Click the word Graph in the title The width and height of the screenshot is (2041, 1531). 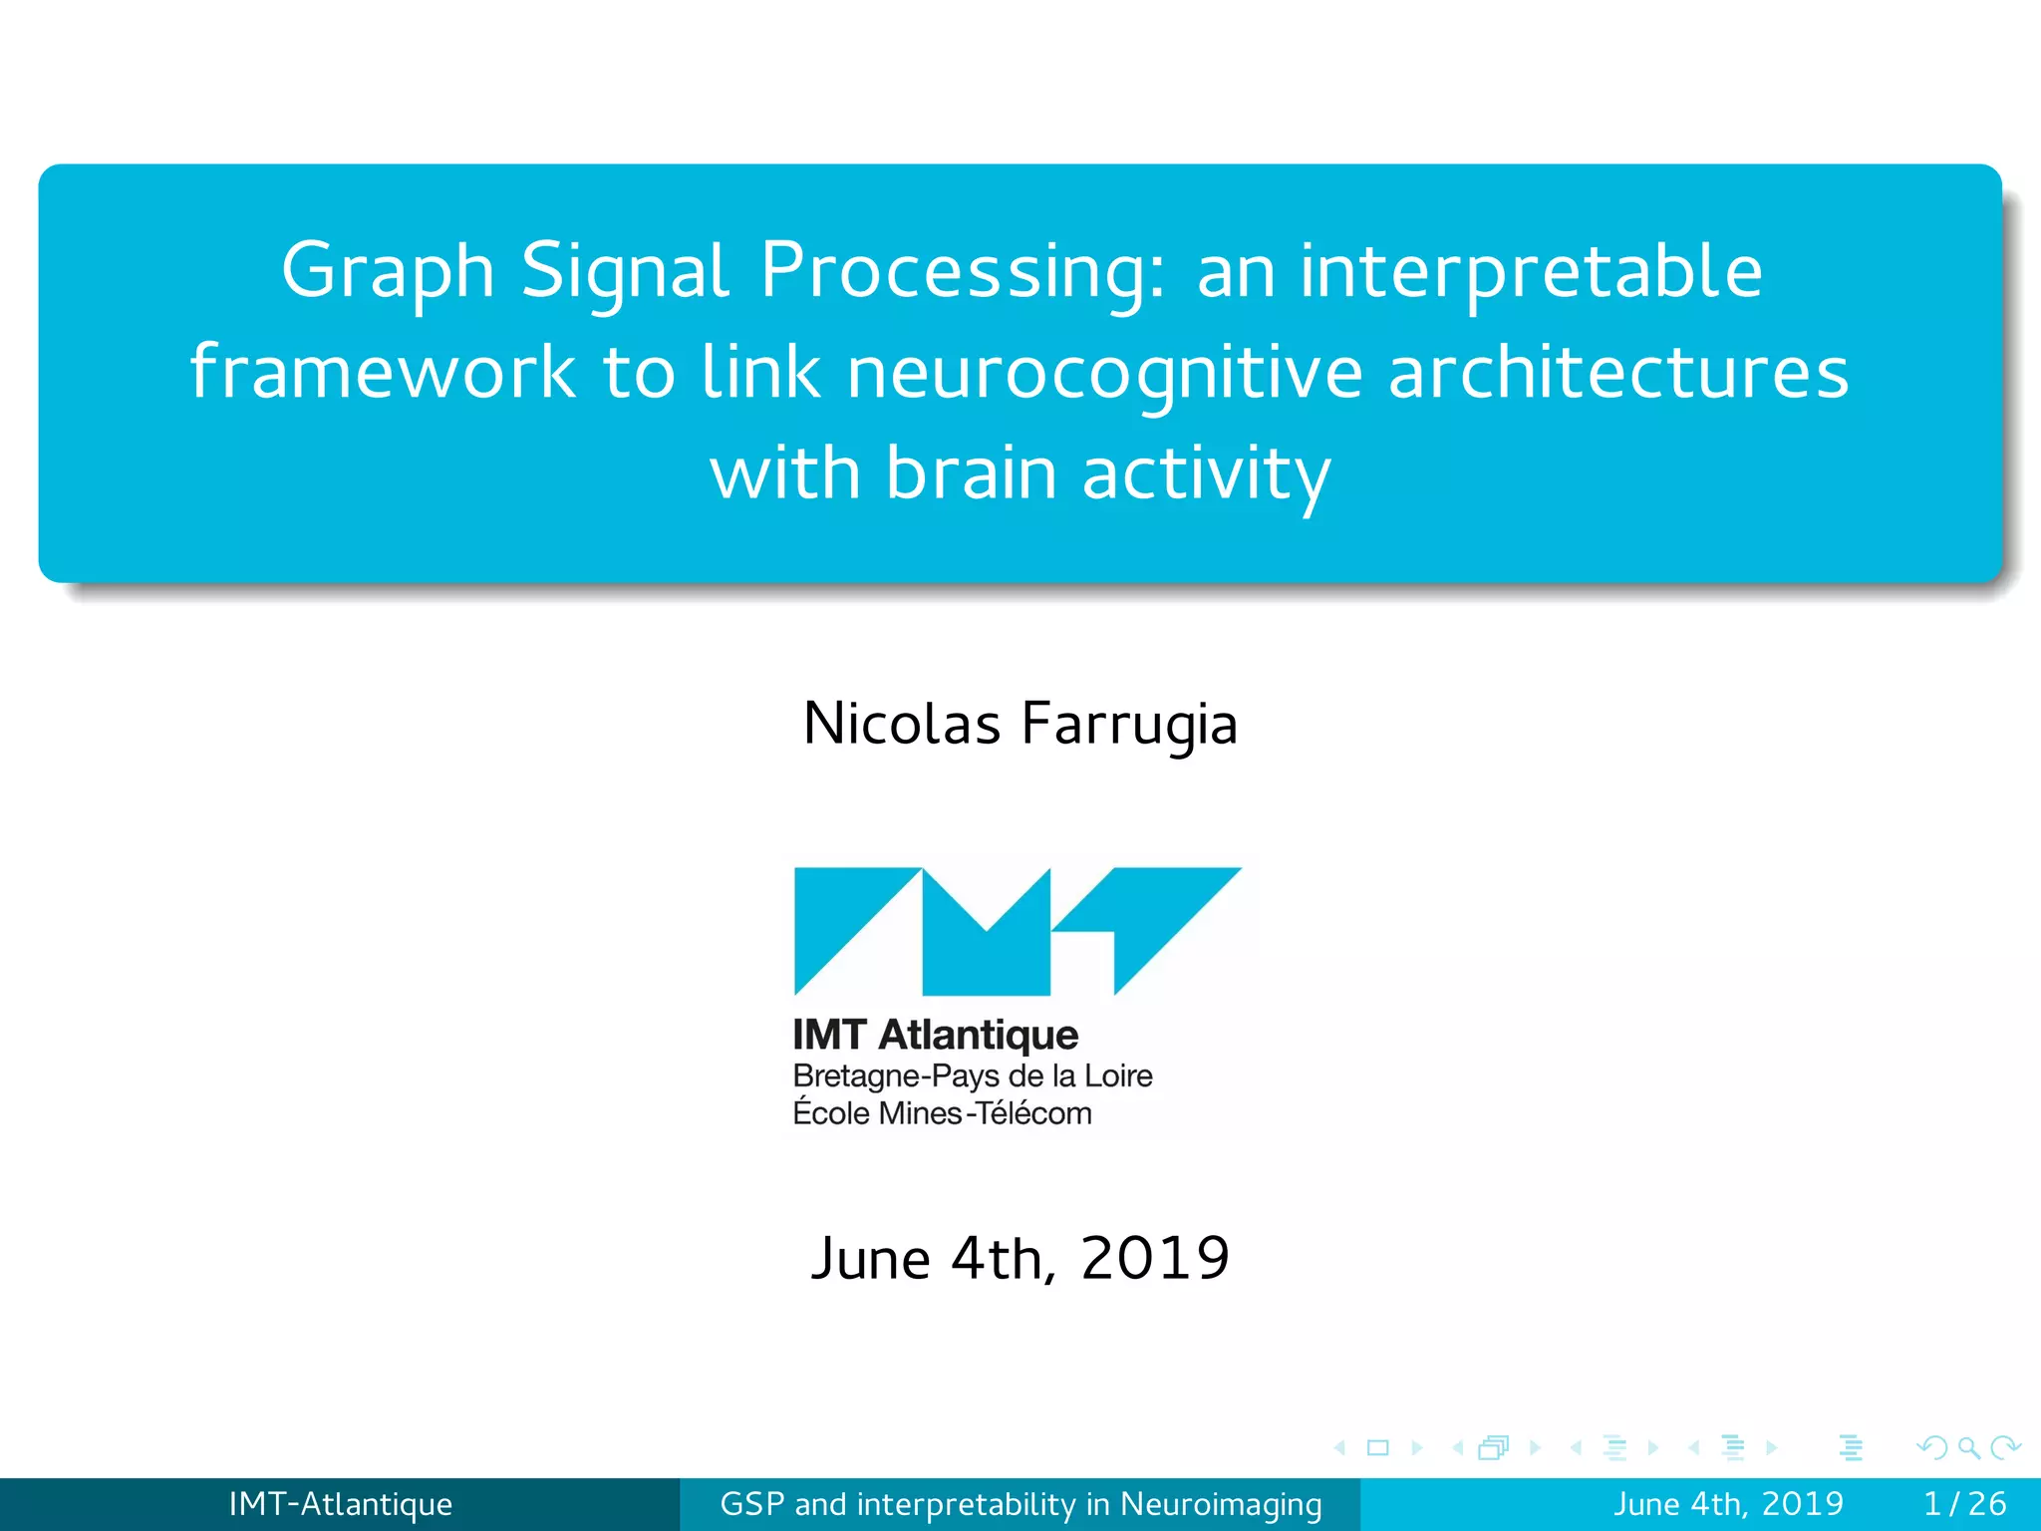[388, 271]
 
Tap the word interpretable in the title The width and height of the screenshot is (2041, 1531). [1531, 271]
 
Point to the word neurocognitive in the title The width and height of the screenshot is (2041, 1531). [1104, 372]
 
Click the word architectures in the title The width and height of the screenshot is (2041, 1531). [1617, 372]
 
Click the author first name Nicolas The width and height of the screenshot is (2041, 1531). [901, 724]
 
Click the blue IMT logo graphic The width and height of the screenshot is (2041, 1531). [1017, 931]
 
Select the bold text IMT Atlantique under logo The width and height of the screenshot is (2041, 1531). [935, 1036]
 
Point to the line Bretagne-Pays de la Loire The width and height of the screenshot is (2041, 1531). [972, 1076]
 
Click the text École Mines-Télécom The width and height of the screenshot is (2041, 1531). [942, 1113]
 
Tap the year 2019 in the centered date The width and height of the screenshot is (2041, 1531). [1155, 1258]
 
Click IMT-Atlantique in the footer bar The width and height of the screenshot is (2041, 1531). [340, 1504]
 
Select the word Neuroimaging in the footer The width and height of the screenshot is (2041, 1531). [1221, 1504]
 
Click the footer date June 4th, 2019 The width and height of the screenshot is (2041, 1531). [1728, 1504]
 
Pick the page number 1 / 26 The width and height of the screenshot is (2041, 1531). [1964, 1504]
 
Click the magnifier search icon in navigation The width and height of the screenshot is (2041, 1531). [1968, 1447]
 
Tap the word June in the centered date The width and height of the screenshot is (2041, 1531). [870, 1258]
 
